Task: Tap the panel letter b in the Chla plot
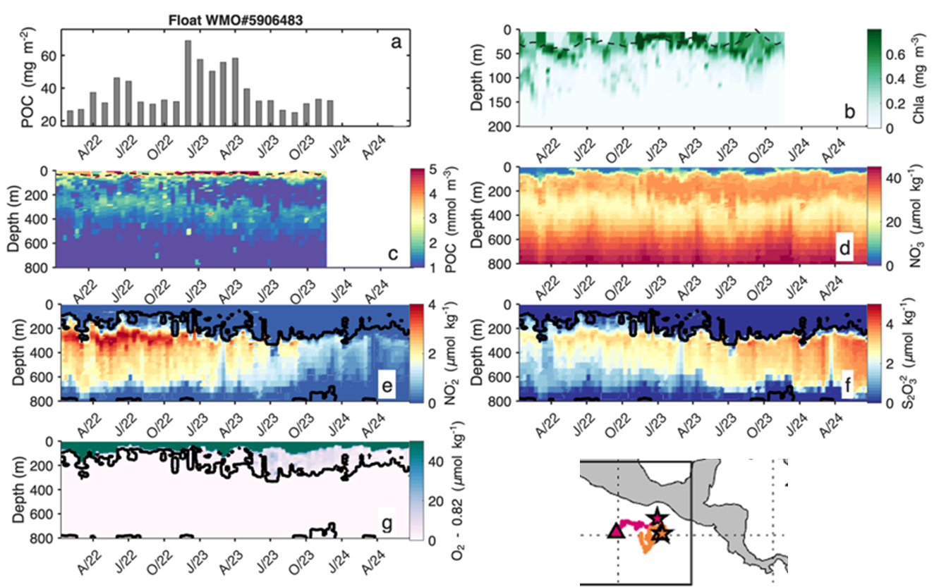pyautogui.click(x=849, y=111)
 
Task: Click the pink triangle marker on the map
pyautogui.click(x=615, y=531)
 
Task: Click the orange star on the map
pyautogui.click(x=662, y=534)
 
